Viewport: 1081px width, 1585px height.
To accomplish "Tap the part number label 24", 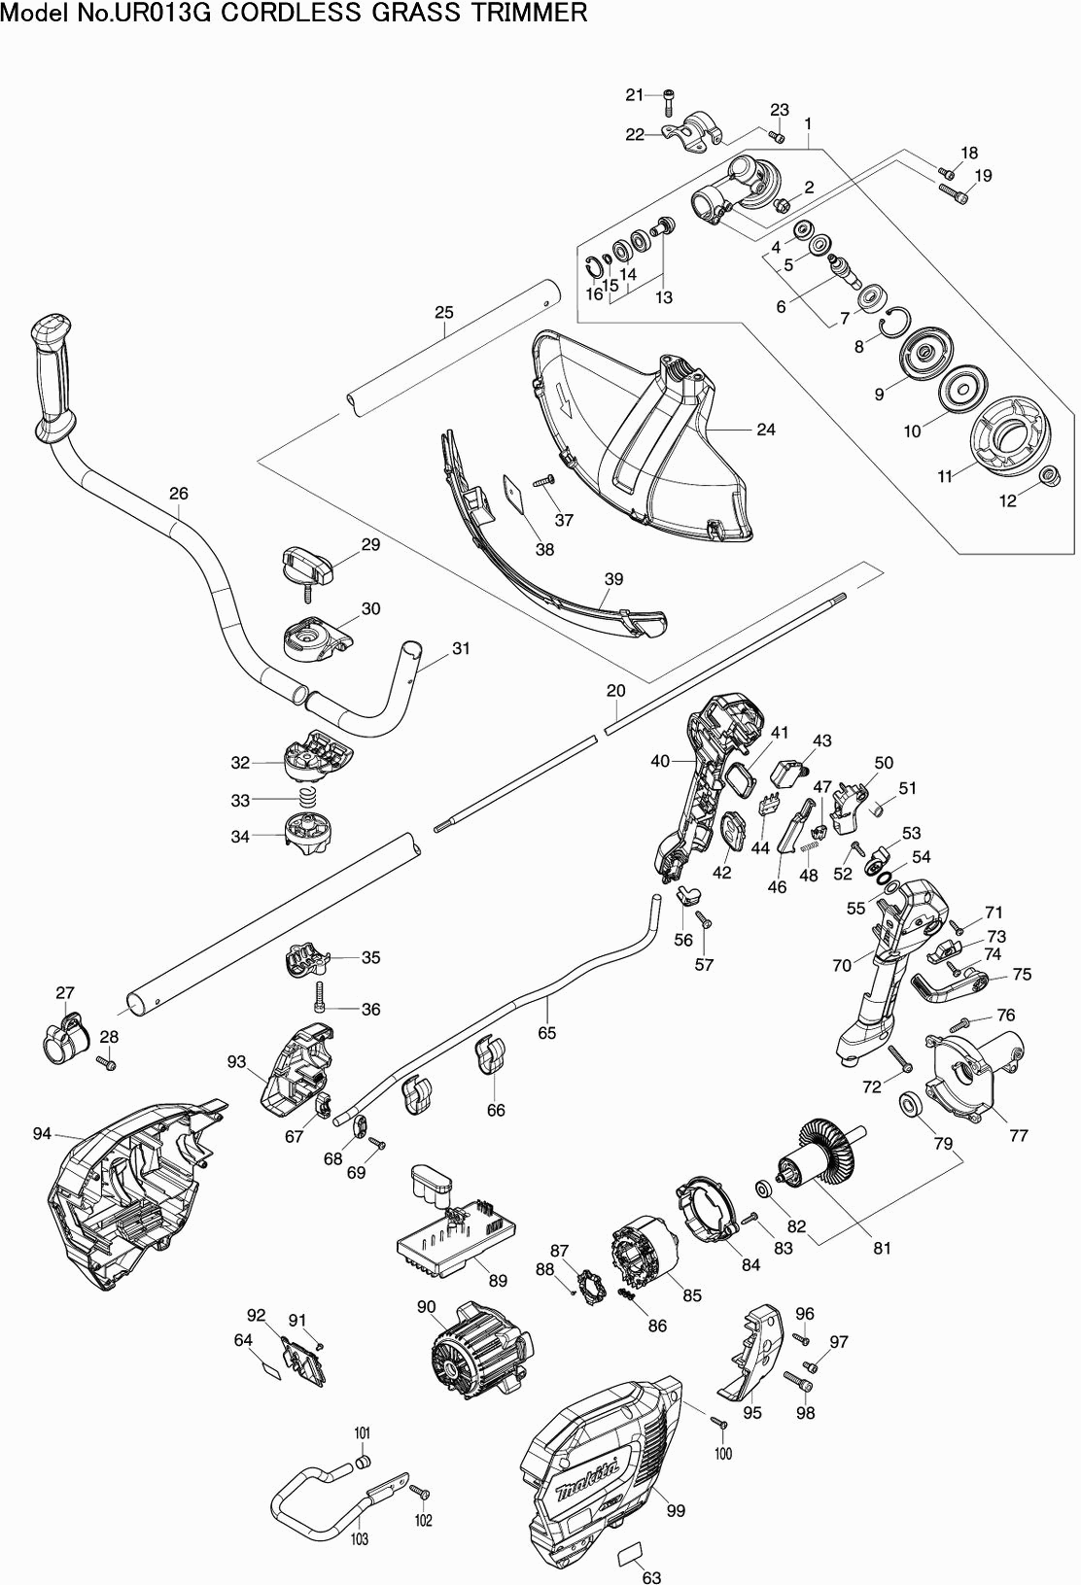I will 766,429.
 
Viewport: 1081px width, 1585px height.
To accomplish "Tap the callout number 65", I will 547,1032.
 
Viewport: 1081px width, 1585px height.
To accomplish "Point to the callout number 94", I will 41,1133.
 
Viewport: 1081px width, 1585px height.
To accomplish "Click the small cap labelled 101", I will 363,1461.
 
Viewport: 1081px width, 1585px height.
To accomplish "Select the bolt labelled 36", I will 319,993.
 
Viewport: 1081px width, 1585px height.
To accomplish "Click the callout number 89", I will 498,1281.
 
